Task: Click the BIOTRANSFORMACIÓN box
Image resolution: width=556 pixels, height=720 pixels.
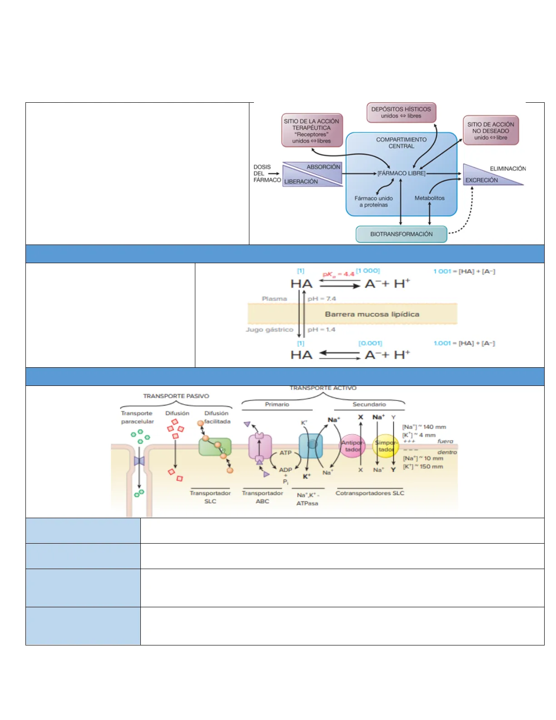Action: (x=401, y=234)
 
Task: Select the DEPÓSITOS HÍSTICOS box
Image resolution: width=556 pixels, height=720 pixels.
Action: (x=401, y=112)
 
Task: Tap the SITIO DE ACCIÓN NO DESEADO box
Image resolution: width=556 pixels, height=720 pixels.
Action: (x=491, y=130)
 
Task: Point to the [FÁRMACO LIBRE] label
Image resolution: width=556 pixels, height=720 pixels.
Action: (x=402, y=173)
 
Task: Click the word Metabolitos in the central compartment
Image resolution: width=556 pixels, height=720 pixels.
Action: (x=429, y=198)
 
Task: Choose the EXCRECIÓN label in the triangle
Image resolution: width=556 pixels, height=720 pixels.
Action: (x=482, y=180)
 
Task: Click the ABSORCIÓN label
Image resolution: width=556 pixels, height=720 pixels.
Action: (x=323, y=167)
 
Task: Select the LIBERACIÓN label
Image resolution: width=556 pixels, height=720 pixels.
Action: (x=301, y=181)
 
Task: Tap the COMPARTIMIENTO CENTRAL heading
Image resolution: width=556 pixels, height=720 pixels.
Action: (x=401, y=143)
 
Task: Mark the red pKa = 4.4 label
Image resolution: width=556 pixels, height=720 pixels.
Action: (x=338, y=274)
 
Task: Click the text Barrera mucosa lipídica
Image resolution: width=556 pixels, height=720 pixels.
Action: (x=372, y=314)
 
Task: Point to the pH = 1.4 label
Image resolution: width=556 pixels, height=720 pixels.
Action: (x=322, y=330)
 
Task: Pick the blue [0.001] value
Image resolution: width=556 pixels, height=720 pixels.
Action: (x=370, y=343)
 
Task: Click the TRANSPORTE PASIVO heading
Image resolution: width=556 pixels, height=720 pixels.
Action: (x=176, y=396)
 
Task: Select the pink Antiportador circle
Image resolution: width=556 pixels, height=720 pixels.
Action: (x=353, y=446)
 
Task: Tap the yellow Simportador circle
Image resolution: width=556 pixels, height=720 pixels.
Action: (x=386, y=446)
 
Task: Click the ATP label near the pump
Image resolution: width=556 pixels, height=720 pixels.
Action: (x=285, y=453)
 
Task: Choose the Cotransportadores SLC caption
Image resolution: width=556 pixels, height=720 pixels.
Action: (x=370, y=493)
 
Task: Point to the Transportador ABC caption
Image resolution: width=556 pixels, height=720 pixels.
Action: (x=262, y=497)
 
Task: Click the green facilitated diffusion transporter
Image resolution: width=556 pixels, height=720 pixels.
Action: (x=215, y=447)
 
